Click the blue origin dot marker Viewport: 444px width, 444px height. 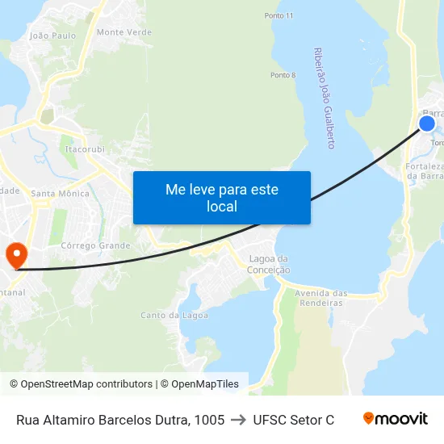[x=427, y=124]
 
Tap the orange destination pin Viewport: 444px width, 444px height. [x=15, y=255]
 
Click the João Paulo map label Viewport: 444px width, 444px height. [x=52, y=36]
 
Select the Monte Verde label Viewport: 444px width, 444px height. [x=124, y=32]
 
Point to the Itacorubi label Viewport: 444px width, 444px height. [x=85, y=149]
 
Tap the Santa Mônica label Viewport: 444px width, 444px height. [x=60, y=194]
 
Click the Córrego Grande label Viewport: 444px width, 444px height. [x=95, y=245]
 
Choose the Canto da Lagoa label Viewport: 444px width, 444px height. [x=174, y=315]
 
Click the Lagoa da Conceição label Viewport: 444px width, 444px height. [x=270, y=265]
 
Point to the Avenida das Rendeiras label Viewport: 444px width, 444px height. [x=321, y=298]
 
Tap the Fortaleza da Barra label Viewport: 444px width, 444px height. [x=422, y=172]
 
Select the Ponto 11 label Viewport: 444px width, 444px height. [x=279, y=15]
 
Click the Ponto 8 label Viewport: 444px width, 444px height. [x=283, y=75]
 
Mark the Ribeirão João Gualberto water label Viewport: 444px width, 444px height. [x=324, y=98]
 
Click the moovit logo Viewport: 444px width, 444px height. [x=396, y=419]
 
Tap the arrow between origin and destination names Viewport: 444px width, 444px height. [x=238, y=420]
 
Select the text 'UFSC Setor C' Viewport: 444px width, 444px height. [x=293, y=420]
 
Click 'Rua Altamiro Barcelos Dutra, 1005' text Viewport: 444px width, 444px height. [x=120, y=420]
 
